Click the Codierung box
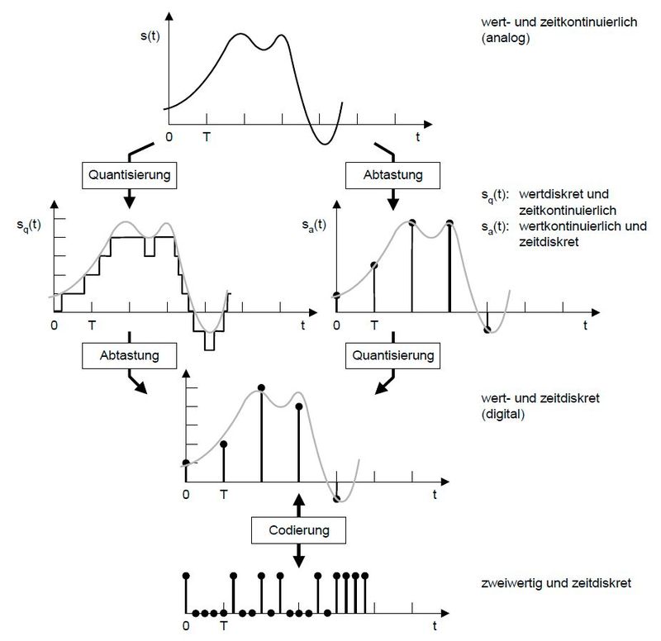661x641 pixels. [299, 529]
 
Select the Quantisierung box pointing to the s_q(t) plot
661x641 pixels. [129, 174]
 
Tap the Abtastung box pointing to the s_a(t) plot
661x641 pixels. [393, 174]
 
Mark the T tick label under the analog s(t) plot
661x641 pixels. [207, 138]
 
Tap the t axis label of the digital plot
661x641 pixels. [435, 495]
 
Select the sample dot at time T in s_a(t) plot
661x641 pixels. [374, 265]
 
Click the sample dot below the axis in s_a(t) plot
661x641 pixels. [487, 330]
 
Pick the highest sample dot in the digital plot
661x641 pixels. [261, 387]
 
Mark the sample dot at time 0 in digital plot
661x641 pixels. [186, 463]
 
